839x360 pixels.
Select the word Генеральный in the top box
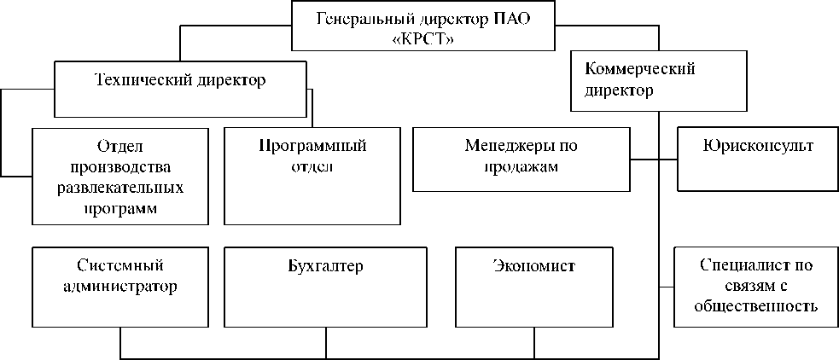[x=358, y=19]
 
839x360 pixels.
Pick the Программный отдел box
[x=312, y=175]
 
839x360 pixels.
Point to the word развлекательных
[x=121, y=187]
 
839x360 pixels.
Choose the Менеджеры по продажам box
[x=521, y=159]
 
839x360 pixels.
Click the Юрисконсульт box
[x=758, y=159]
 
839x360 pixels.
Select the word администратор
[x=120, y=287]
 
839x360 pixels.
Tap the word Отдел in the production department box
[x=121, y=146]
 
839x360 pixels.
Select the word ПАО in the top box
[x=514, y=19]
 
